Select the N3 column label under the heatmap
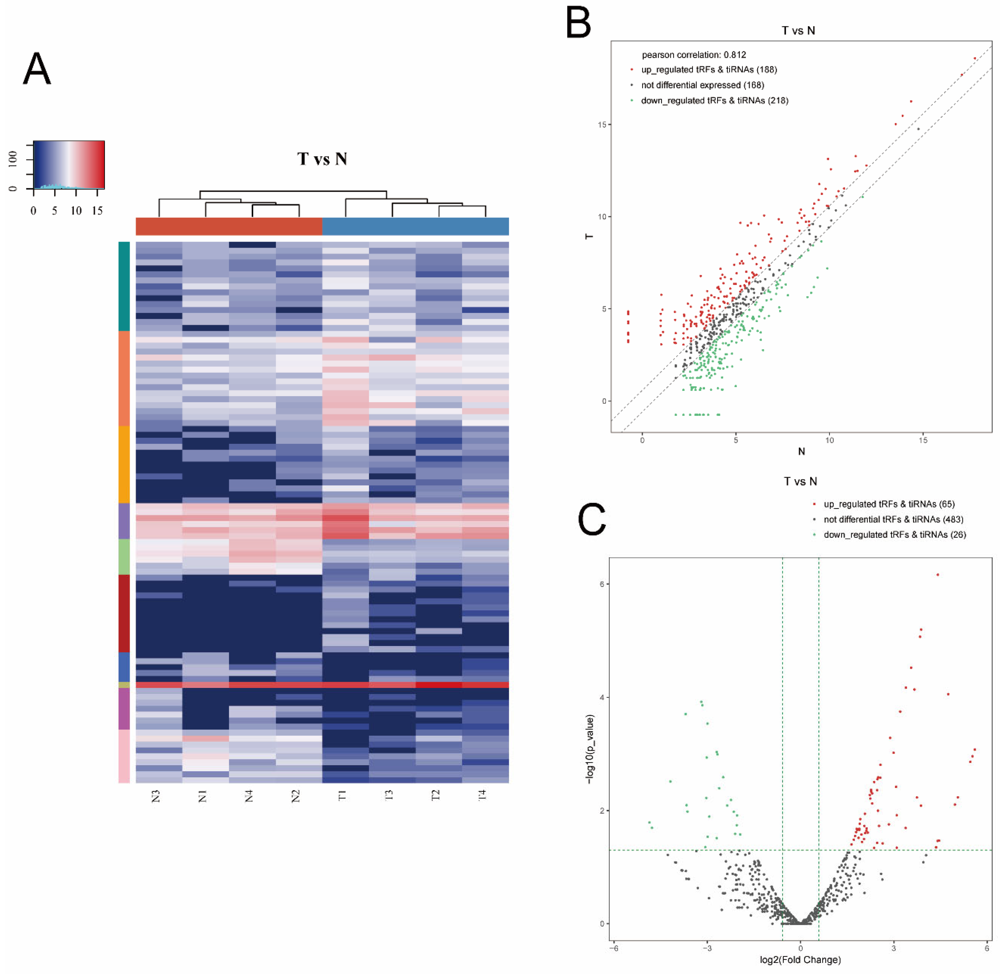[156, 796]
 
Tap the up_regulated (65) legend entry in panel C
[889, 504]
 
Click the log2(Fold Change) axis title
[800, 960]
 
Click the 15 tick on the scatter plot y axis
[602, 125]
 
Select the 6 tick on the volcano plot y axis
[602, 584]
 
